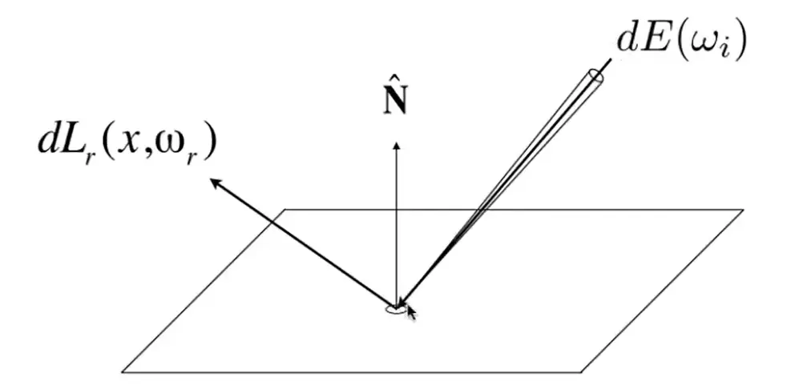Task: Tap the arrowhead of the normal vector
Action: point(397,146)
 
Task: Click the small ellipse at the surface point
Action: point(394,310)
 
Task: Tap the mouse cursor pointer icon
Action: point(411,312)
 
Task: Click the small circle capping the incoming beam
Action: point(596,77)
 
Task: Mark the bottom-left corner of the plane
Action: point(122,372)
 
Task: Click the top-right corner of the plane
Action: point(744,210)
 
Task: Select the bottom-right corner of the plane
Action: point(582,372)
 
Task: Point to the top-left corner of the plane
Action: point(285,210)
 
